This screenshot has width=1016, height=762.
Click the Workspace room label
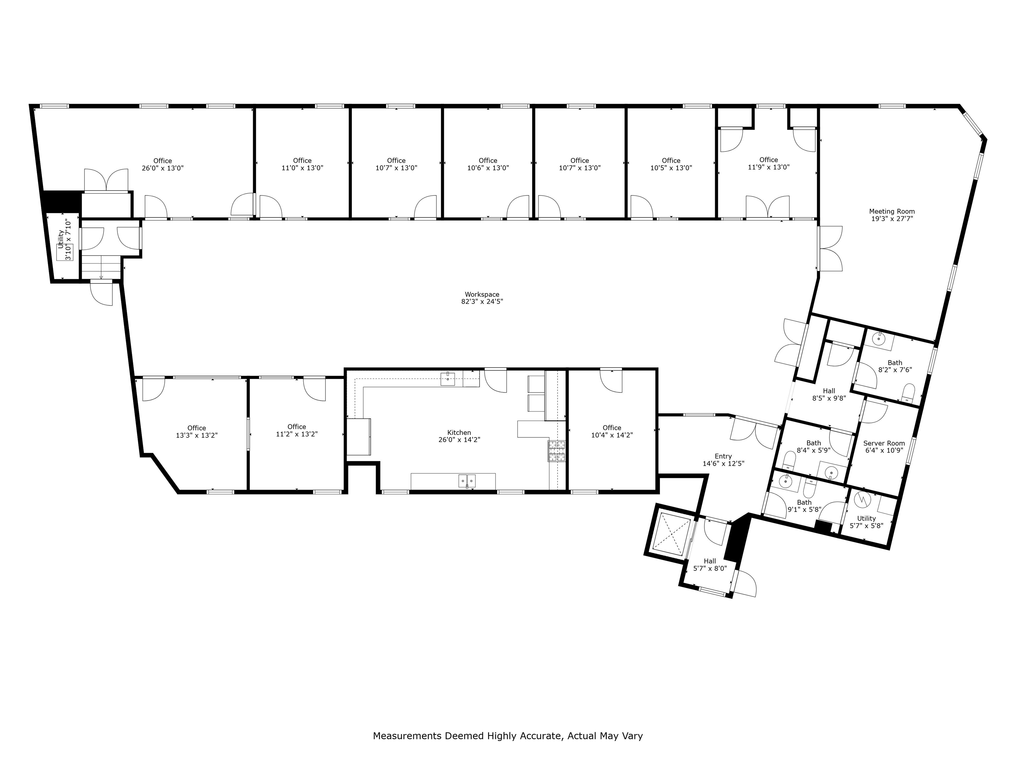482,294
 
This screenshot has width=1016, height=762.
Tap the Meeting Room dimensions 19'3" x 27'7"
892,219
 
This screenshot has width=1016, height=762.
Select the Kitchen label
459,432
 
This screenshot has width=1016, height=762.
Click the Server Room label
884,443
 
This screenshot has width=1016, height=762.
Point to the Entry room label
723,456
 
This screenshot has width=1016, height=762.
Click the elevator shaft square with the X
671,534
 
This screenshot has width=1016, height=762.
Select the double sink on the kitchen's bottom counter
467,481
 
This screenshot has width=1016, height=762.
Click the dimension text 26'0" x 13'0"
163,168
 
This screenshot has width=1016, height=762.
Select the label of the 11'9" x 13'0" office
768,160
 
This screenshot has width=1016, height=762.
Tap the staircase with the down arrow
101,268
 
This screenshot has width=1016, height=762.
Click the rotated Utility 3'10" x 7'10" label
64,246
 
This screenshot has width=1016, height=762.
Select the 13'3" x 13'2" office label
196,428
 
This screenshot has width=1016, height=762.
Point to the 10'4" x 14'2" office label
612,428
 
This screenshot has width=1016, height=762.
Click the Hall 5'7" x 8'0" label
710,561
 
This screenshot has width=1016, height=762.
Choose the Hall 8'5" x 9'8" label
829,391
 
